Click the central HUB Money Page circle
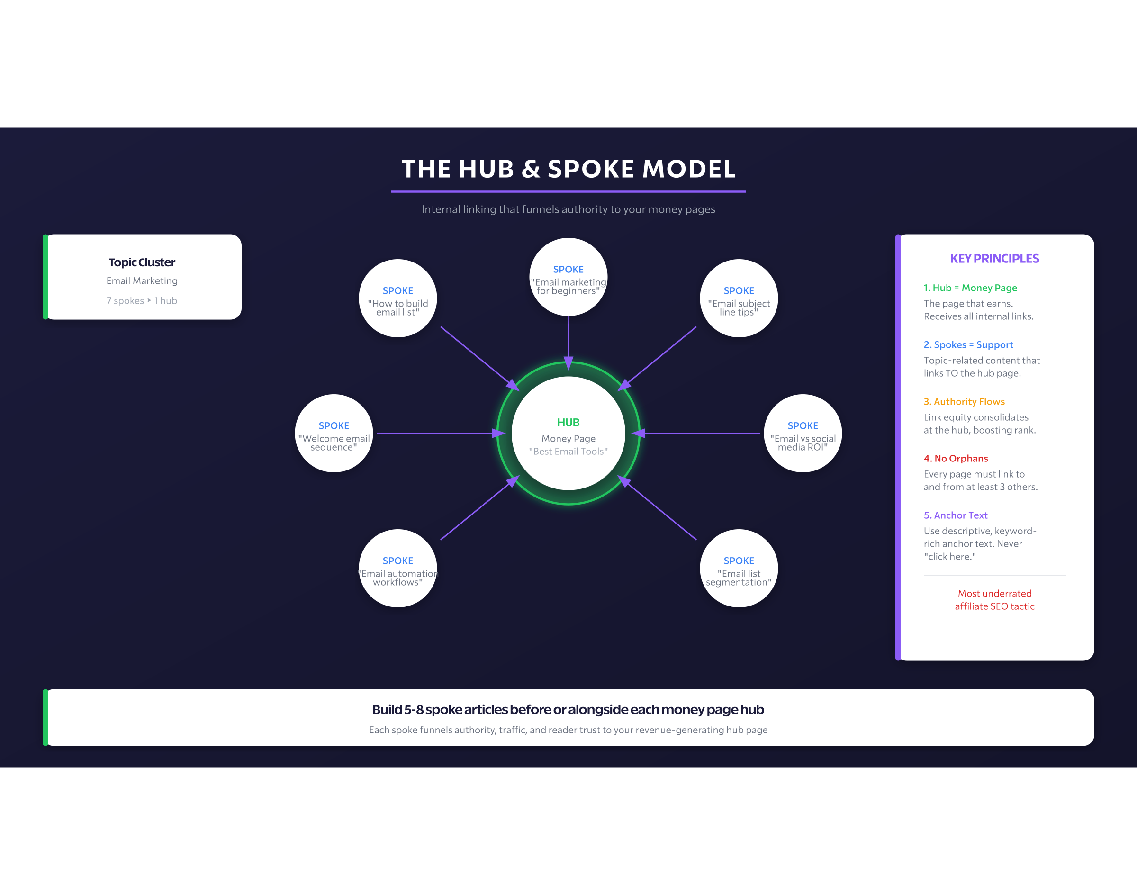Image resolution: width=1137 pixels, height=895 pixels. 568,434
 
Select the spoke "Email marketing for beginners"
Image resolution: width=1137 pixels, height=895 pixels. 568,277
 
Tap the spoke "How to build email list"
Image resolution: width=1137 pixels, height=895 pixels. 397,298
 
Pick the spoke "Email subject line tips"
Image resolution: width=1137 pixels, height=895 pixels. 739,298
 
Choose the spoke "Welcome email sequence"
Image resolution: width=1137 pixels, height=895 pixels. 334,434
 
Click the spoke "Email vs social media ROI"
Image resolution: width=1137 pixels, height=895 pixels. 803,434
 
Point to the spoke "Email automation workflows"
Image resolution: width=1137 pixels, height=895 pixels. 397,569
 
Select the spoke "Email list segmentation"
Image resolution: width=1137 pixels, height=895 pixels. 739,569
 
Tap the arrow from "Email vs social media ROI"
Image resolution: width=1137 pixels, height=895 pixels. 699,434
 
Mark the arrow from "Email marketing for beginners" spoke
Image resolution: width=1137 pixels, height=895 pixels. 568,341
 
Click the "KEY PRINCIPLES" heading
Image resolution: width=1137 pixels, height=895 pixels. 994,258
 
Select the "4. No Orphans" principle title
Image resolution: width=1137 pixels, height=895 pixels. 956,459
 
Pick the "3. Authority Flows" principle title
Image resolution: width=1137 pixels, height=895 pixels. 964,401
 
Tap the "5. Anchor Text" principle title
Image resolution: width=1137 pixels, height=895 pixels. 955,515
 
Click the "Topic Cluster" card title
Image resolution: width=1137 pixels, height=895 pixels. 142,262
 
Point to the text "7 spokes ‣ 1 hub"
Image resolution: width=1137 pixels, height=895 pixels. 142,301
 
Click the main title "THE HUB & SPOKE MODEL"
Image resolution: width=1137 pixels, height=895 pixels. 568,169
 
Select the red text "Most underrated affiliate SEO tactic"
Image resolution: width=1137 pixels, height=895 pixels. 994,600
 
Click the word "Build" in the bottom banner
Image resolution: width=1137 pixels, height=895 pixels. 387,709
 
